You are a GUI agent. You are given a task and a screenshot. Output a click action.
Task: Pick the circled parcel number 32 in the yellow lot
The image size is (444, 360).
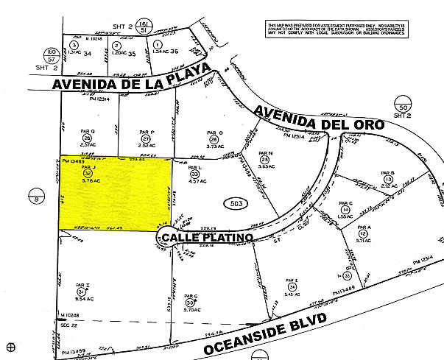88,173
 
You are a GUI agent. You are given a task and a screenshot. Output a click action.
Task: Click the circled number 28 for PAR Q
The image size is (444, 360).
88,138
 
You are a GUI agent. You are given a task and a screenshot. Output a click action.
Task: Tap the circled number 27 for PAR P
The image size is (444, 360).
146,138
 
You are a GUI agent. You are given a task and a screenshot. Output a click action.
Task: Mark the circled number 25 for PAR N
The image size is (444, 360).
264,159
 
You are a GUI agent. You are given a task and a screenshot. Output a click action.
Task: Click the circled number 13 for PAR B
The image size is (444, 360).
387,179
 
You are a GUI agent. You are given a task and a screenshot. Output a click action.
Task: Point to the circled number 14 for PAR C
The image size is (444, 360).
344,210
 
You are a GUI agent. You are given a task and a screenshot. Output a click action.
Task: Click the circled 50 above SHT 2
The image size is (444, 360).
401,97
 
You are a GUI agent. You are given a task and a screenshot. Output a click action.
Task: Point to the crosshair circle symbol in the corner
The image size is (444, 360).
10,346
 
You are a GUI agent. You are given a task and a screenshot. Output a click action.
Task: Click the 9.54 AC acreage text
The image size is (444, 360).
80,300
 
